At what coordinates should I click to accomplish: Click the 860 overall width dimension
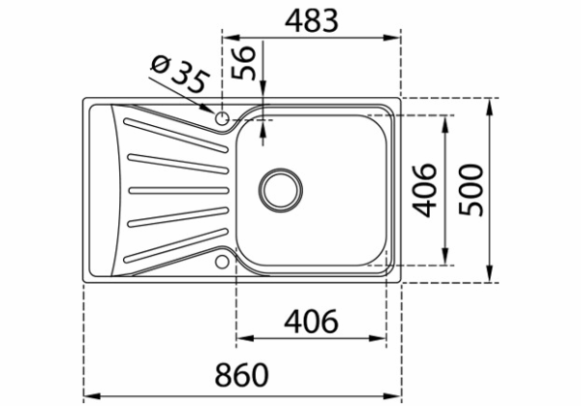[x=241, y=375]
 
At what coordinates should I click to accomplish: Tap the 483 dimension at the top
[x=312, y=21]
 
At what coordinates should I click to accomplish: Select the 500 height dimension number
[x=472, y=190]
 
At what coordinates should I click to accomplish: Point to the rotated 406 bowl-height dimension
[x=425, y=190]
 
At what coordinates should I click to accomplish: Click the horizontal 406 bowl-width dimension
[x=311, y=321]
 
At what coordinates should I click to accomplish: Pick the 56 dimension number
[x=243, y=63]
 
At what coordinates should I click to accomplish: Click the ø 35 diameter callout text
[x=180, y=76]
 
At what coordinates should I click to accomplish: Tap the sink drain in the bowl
[x=281, y=190]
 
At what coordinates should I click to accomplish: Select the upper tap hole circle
[x=223, y=118]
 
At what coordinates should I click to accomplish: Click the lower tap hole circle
[x=223, y=262]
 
